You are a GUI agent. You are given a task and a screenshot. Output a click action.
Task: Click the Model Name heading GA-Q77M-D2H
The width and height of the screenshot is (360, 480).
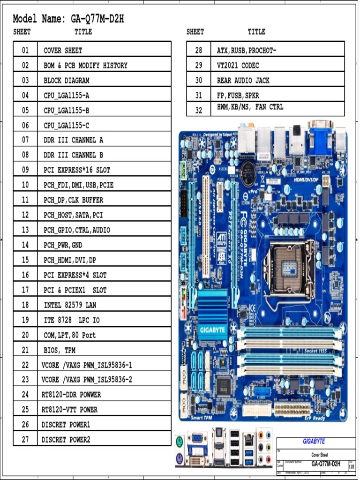pyautogui.click(x=68, y=19)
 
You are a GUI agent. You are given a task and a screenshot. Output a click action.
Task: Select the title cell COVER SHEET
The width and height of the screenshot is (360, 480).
pyautogui.click(x=63, y=50)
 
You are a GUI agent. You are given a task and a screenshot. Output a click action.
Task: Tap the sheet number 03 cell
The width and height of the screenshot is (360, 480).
pyautogui.click(x=25, y=80)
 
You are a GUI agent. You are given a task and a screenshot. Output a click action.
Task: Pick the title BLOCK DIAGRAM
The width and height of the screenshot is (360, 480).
pyautogui.click(x=66, y=80)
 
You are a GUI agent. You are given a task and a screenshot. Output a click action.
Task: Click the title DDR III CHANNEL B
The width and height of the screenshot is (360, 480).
pyautogui.click(x=73, y=155)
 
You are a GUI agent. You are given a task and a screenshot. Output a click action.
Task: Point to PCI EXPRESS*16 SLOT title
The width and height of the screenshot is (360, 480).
pyautogui.click(x=77, y=170)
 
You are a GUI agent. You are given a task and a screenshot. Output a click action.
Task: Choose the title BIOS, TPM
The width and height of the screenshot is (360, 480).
pyautogui.click(x=60, y=350)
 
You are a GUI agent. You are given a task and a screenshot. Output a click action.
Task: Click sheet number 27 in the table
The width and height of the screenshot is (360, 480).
pyautogui.click(x=25, y=439)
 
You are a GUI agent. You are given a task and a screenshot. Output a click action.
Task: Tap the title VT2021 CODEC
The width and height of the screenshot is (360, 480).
pyautogui.click(x=238, y=65)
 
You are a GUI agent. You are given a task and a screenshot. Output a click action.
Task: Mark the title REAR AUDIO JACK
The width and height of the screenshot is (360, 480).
pyautogui.click(x=243, y=80)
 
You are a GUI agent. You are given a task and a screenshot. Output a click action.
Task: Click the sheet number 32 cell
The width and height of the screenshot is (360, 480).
pyautogui.click(x=199, y=110)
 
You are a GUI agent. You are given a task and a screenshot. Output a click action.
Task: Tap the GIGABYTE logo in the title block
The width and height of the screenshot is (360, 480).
pyautogui.click(x=314, y=441)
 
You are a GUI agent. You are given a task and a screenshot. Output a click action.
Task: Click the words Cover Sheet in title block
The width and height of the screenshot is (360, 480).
pyautogui.click(x=321, y=455)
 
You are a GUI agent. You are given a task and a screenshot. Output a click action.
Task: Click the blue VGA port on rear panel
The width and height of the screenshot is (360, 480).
pyautogui.click(x=197, y=438)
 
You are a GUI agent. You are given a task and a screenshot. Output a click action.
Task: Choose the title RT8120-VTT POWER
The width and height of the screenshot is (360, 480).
pyautogui.click(x=69, y=409)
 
